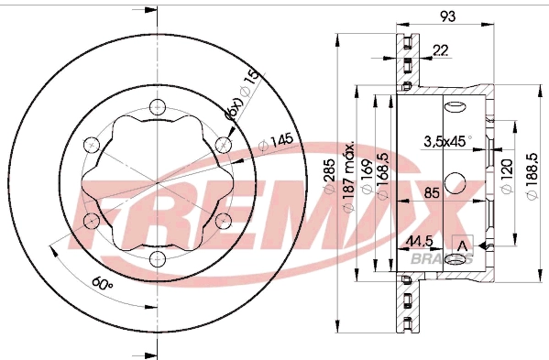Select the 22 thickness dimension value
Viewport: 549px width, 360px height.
pos(441,50)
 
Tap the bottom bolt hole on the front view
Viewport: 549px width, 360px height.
pos(156,259)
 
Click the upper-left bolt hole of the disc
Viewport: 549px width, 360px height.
pos(90,145)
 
